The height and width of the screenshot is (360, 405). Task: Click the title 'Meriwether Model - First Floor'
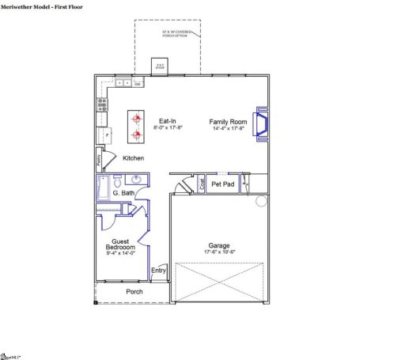click(x=41, y=6)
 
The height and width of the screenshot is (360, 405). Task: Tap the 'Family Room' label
click(x=228, y=122)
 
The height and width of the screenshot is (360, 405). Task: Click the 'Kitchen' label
click(x=133, y=158)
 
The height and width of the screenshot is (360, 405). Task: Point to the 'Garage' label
click(x=219, y=246)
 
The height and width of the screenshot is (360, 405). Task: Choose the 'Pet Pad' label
click(x=223, y=184)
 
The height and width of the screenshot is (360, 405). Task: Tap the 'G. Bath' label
click(x=123, y=193)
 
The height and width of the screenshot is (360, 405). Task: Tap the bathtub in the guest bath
click(x=102, y=188)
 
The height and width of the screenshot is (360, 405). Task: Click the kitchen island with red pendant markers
click(x=136, y=128)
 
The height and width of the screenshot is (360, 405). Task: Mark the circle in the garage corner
click(x=262, y=203)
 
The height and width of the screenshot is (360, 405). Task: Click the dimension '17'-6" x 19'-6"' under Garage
click(x=219, y=254)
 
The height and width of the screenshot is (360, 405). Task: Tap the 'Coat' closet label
click(x=202, y=184)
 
